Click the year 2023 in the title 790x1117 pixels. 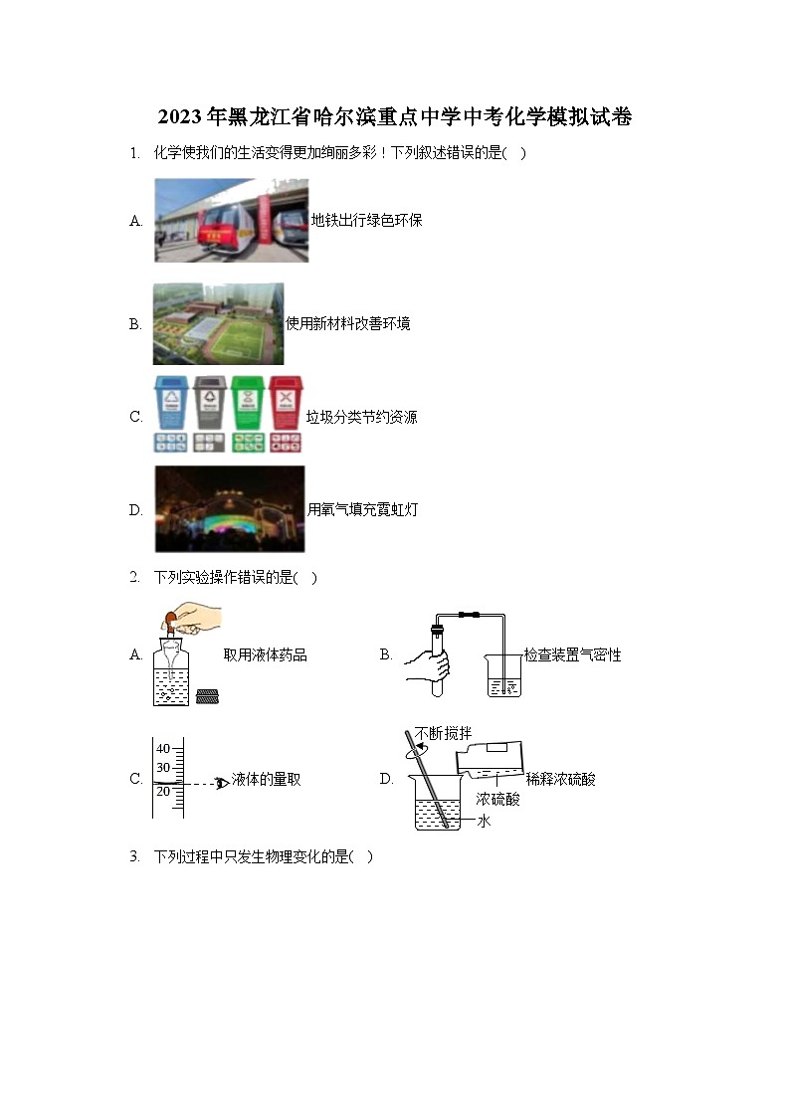click(x=179, y=117)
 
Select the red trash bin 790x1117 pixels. click(x=285, y=401)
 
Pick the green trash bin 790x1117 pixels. click(x=246, y=401)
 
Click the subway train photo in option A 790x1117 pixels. click(x=231, y=221)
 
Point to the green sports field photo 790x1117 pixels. click(x=218, y=324)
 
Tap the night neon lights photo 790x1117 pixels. click(x=230, y=509)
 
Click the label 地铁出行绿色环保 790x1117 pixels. click(x=366, y=221)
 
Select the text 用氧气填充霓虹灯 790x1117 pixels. click(x=362, y=510)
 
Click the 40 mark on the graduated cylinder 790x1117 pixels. click(x=163, y=749)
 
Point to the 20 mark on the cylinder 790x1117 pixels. click(x=163, y=792)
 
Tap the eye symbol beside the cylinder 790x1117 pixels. click(x=222, y=783)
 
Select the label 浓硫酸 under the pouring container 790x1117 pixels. click(x=497, y=799)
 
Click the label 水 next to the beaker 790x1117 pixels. click(x=485, y=822)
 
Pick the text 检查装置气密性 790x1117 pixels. click(x=572, y=655)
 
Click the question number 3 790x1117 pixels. click(x=134, y=857)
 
